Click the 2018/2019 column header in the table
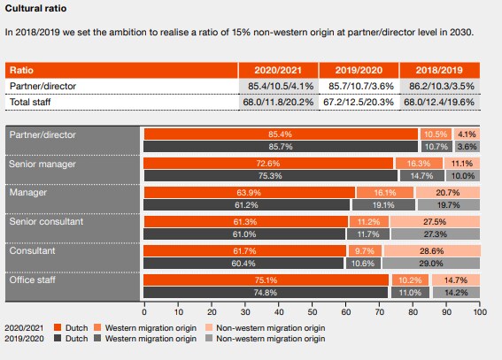click(x=439, y=70)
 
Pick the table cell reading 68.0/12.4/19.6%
click(x=439, y=103)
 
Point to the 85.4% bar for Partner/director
click(x=281, y=134)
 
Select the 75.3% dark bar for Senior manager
click(x=269, y=175)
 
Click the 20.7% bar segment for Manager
click(x=447, y=192)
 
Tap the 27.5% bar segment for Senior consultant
click(x=435, y=221)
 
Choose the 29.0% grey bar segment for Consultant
click(x=431, y=263)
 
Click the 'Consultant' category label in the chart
click(x=31, y=252)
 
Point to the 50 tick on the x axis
click(x=312, y=312)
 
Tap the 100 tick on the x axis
click(x=479, y=312)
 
